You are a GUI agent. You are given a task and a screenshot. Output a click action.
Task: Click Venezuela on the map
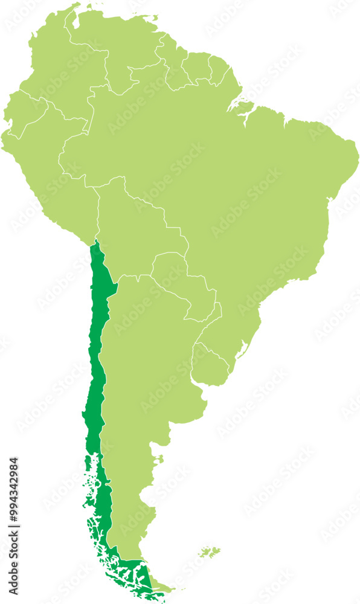click(x=121, y=54)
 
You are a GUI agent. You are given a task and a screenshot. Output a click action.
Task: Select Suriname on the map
click(x=196, y=69)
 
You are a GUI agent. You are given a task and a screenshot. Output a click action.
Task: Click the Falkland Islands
click(x=208, y=551)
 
